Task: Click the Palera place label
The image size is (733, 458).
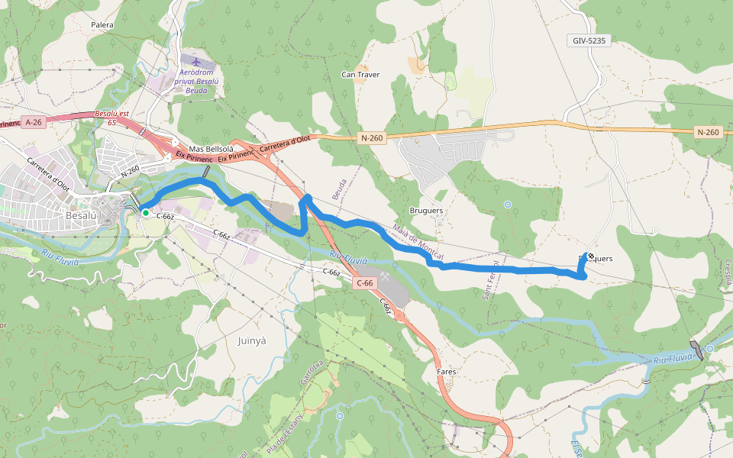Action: click(x=102, y=25)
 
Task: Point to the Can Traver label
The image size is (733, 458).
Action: click(x=360, y=75)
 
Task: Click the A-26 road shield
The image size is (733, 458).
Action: click(x=33, y=122)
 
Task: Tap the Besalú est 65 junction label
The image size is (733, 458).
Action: click(x=111, y=118)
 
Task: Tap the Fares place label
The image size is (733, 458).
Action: click(x=446, y=372)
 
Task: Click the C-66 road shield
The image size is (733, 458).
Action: click(x=365, y=283)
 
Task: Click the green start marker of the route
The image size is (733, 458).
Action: click(x=145, y=213)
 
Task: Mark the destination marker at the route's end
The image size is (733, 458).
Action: click(x=590, y=256)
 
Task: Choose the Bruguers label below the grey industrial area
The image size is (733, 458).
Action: click(x=427, y=211)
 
